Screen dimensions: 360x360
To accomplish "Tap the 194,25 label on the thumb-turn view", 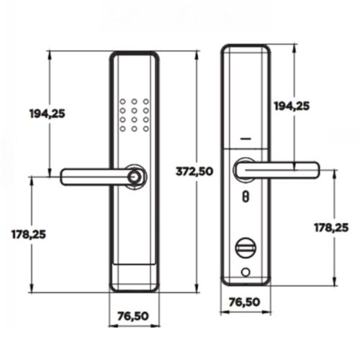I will [292, 106].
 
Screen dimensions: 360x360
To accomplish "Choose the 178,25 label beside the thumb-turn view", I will [332, 227].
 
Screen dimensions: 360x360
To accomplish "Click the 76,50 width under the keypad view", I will [134, 315].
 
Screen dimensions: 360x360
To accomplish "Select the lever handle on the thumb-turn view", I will [281, 169].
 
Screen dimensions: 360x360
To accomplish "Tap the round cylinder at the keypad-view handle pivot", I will [135, 176].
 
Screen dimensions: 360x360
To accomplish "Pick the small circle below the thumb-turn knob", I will [246, 271].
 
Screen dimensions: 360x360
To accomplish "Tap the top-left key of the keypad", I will [123, 102].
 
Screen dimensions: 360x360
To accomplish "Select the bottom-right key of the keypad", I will [145, 130].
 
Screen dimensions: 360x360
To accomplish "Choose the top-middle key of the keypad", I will [135, 102].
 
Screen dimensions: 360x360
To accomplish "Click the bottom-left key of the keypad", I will [123, 130].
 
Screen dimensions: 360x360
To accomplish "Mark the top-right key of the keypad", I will [145, 102].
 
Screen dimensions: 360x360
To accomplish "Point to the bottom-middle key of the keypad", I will [135, 130].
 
